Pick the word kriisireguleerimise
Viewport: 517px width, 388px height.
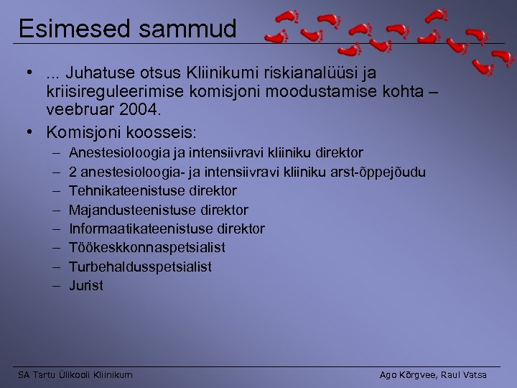click(x=111, y=93)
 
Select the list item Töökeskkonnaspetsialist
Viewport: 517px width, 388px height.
click(x=147, y=247)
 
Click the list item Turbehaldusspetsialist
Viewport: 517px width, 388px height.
click(x=140, y=267)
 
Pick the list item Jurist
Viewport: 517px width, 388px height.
click(x=86, y=285)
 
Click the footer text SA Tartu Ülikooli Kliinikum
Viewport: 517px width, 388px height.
click(x=75, y=375)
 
